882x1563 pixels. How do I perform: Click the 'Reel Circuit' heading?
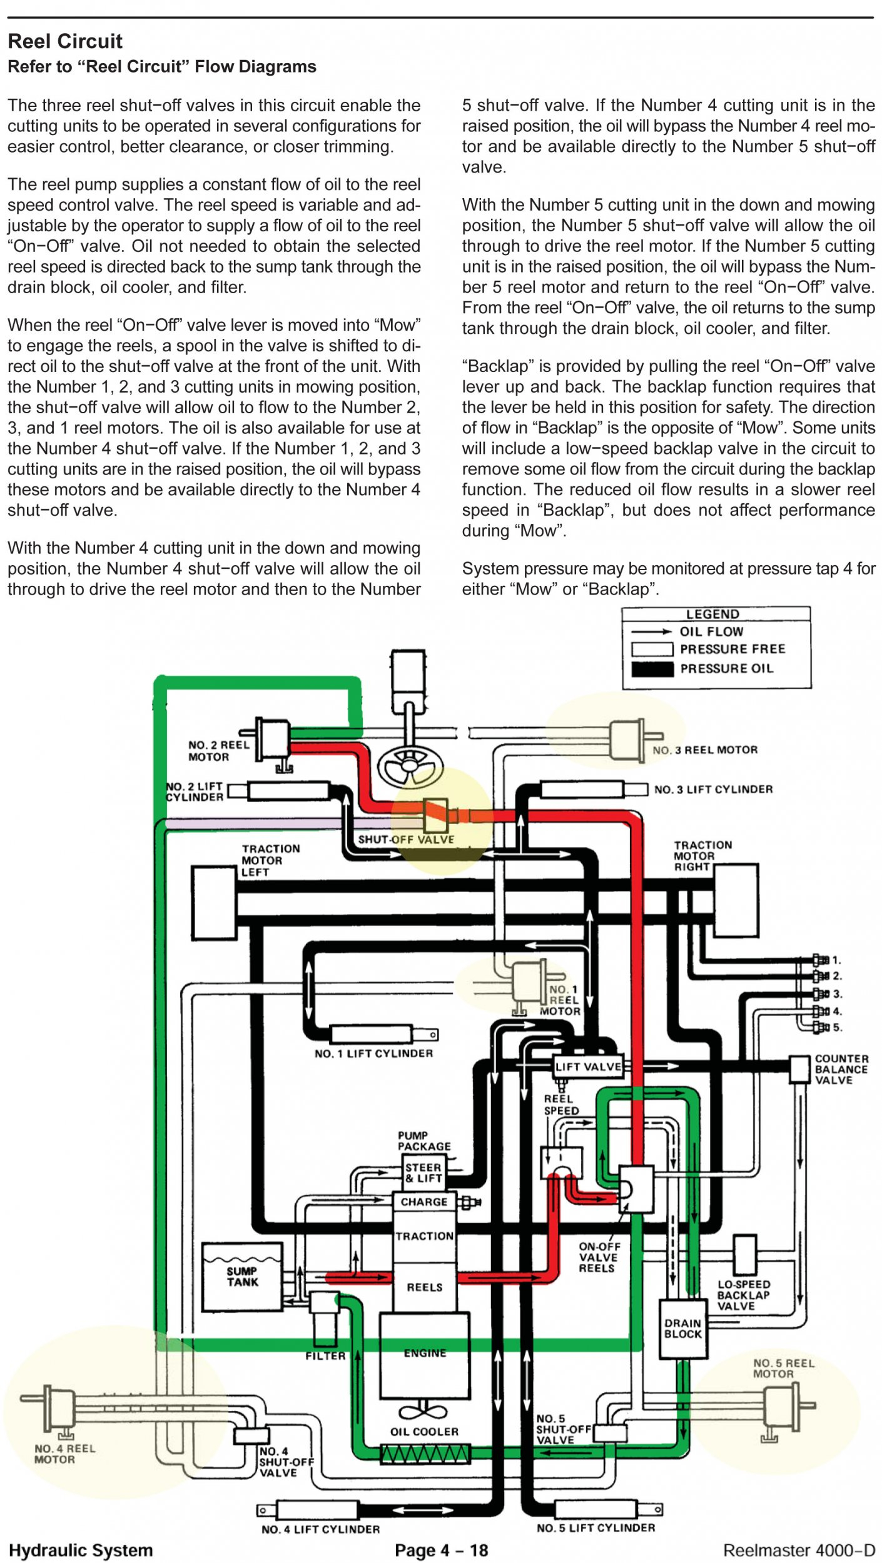coord(65,41)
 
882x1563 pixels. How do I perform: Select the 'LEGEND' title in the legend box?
coord(712,614)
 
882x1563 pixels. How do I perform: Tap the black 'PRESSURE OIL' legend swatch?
coord(652,668)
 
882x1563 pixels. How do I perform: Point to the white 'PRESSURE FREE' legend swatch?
coord(652,649)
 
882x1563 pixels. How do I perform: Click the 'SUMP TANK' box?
coord(242,1277)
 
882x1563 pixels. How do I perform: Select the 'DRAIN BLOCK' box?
coord(683,1329)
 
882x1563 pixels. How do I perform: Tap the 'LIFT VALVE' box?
coord(589,1067)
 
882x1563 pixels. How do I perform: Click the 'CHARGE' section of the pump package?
coord(424,1202)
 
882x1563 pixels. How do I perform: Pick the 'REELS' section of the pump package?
coord(425,1287)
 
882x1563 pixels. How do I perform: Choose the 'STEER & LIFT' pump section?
coord(423,1172)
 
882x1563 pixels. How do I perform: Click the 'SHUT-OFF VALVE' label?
coord(406,840)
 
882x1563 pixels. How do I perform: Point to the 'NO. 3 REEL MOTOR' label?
coord(705,750)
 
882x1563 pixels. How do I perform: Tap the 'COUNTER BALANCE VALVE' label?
coord(841,1069)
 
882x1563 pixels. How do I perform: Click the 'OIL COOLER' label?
coord(424,1432)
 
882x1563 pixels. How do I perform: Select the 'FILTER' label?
coord(325,1356)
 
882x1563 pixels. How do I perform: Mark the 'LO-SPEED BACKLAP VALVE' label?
coord(744,1295)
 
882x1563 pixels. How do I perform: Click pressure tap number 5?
coord(821,1027)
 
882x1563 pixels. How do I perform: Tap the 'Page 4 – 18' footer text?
coord(441,1550)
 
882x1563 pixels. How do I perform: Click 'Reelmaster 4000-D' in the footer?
coord(799,1550)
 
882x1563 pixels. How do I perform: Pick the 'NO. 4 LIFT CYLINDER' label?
coord(320,1529)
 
